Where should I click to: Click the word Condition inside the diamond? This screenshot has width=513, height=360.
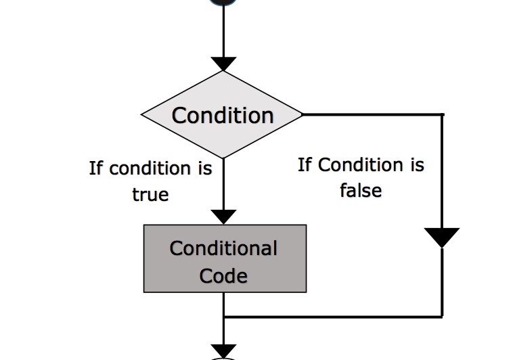pos(223,116)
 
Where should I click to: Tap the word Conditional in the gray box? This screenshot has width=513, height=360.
pos(223,248)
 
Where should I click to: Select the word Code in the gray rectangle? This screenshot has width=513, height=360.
pos(223,275)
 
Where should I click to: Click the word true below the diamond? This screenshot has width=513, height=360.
pos(150,194)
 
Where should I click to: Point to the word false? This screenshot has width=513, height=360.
pos(361,190)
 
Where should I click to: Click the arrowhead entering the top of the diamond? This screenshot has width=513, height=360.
pos(223,64)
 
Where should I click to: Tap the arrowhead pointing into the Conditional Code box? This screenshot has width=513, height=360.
pos(223,217)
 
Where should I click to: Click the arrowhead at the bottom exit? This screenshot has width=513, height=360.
pos(223,351)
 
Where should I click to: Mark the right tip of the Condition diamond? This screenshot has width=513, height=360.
pos(303,114)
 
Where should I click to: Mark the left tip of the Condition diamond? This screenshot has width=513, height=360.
pos(141,114)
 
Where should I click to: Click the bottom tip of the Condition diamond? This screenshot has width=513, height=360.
pos(223,158)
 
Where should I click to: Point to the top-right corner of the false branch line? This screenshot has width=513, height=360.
pos(443,114)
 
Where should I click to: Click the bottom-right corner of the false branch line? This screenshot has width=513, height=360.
pos(443,317)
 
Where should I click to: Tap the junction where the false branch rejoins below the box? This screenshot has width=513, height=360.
pos(224,317)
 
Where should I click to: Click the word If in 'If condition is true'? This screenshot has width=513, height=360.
pos(96,168)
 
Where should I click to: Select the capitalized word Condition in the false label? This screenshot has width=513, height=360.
pos(360,164)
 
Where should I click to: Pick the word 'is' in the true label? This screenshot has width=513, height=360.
pos(205,168)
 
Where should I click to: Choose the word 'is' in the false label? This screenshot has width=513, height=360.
pos(417,164)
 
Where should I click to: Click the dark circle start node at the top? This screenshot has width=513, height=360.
pos(223,2)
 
